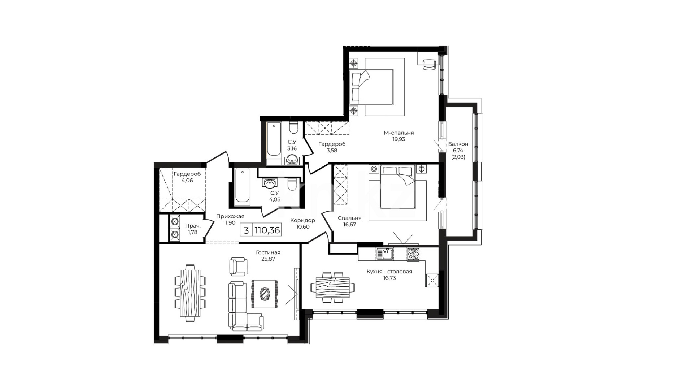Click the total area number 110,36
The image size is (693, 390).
click(267, 230)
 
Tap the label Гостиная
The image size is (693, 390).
click(268, 252)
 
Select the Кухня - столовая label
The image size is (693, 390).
click(389, 272)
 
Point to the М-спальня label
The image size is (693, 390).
click(398, 133)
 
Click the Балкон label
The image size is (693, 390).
click(458, 144)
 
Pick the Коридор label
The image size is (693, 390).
click(302, 220)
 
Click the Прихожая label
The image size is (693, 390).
click(230, 216)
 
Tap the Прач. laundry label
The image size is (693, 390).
click(193, 226)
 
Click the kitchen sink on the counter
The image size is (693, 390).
click(385, 254)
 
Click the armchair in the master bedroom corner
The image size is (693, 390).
click(429, 64)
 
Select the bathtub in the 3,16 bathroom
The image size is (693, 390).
click(274, 144)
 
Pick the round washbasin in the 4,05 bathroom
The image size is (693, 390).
click(269, 184)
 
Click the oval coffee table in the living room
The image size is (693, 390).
click(265, 294)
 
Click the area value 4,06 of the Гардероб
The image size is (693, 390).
click(187, 181)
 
